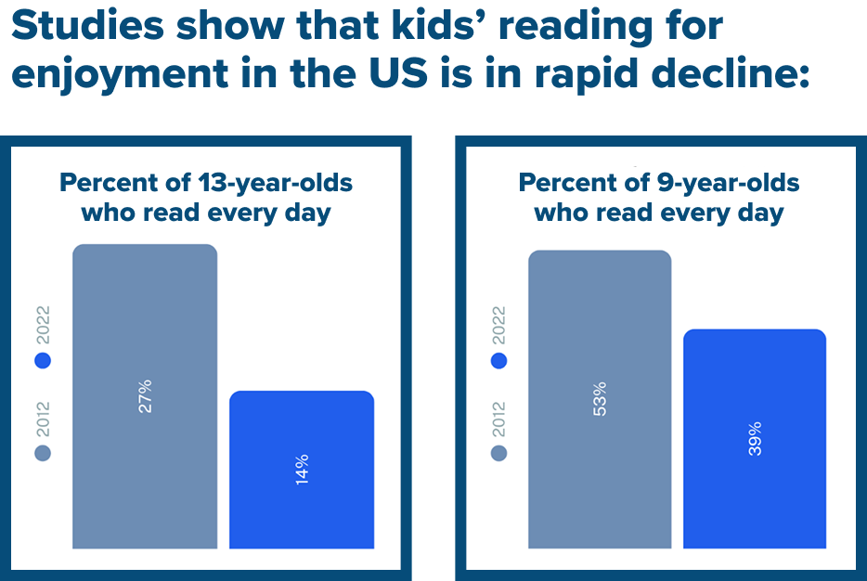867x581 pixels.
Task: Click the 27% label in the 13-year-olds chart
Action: pyautogui.click(x=145, y=395)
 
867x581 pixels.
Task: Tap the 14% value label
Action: pyautogui.click(x=302, y=470)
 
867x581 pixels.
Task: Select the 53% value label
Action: pyautogui.click(x=600, y=398)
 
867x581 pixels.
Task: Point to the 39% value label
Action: pyautogui.click(x=756, y=438)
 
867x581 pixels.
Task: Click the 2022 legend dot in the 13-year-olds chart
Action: pyautogui.click(x=43, y=360)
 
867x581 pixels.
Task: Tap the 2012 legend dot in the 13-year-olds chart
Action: pyautogui.click(x=43, y=452)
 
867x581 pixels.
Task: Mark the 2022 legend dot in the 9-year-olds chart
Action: pyautogui.click(x=499, y=360)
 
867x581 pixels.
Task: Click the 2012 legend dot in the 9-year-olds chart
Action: pyautogui.click(x=499, y=452)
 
